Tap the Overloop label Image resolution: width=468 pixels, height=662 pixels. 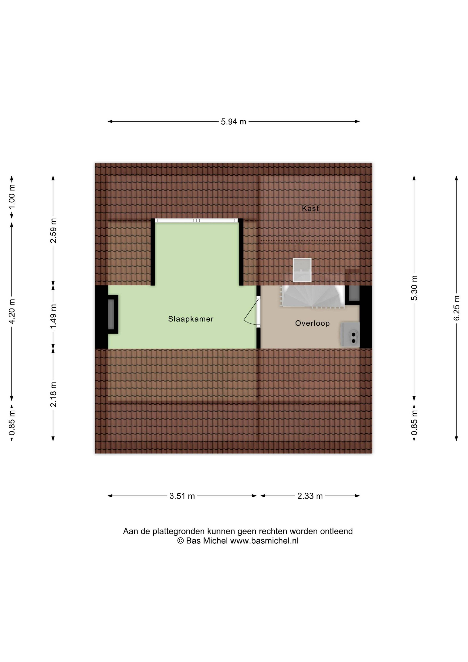click(x=312, y=323)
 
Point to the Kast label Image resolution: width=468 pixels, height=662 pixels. click(x=310, y=208)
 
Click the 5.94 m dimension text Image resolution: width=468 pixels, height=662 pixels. click(x=234, y=122)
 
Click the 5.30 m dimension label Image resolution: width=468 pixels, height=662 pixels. click(x=414, y=288)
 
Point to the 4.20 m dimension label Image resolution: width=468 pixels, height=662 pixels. click(x=12, y=311)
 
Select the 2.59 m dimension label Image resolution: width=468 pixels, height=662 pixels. click(x=53, y=231)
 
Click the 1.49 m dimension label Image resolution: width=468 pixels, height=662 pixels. click(x=53, y=316)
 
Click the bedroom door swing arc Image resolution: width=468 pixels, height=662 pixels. click(x=249, y=317)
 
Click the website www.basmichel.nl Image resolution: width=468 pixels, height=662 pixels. click(x=264, y=541)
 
